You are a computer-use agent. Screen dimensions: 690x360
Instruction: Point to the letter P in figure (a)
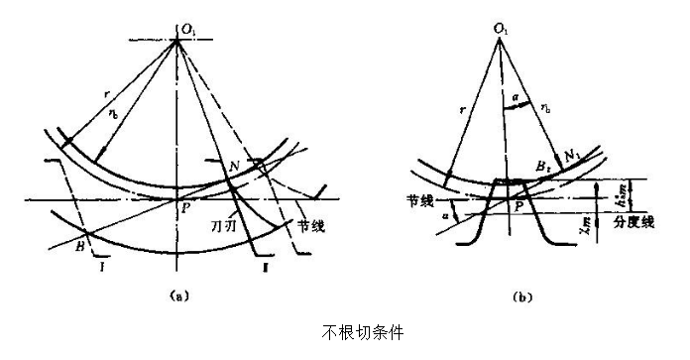[183, 209]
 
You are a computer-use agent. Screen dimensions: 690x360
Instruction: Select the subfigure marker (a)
[177, 294]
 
